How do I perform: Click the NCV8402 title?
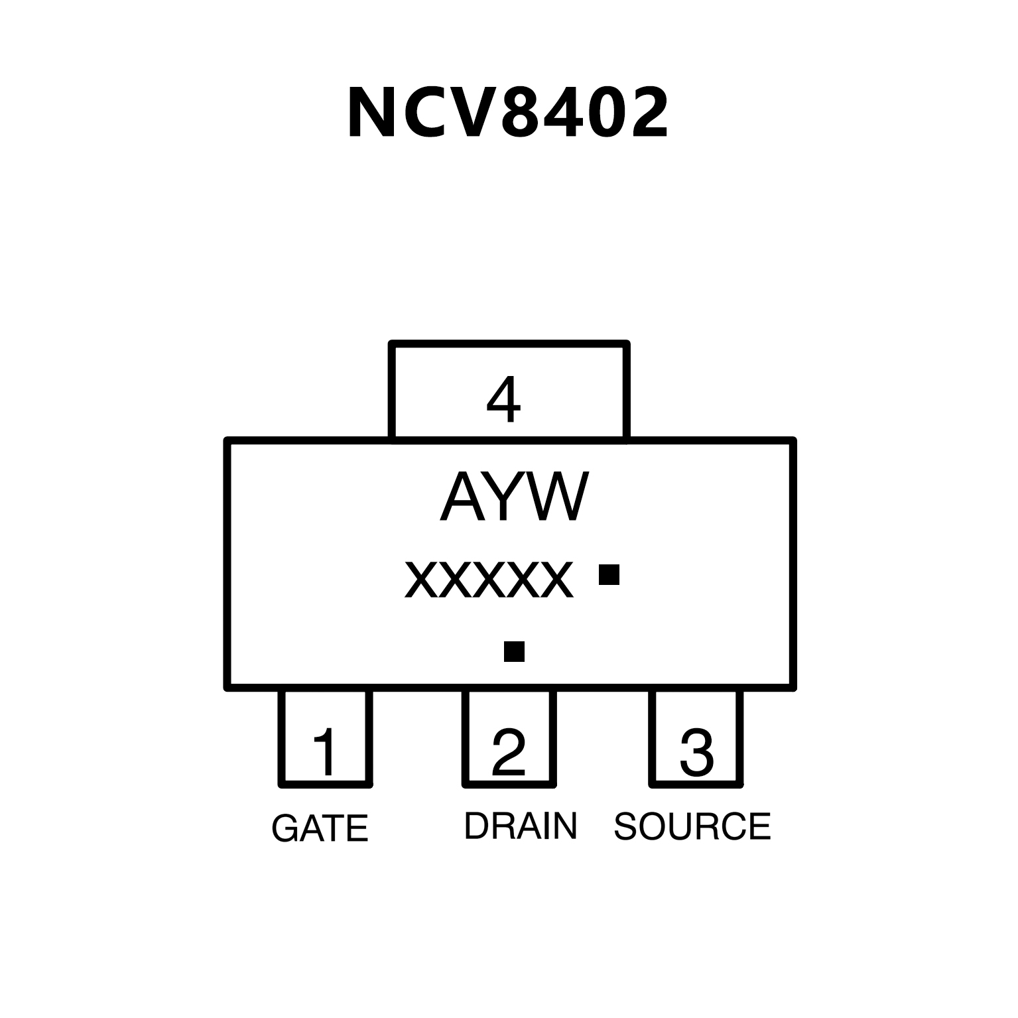[x=507, y=113]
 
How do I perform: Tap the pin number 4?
[x=503, y=400]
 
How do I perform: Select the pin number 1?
[x=325, y=752]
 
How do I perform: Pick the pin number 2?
[x=509, y=752]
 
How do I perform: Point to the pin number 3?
[x=696, y=752]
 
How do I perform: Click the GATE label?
[x=320, y=828]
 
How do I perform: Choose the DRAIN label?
[x=521, y=826]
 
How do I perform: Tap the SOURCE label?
[x=692, y=826]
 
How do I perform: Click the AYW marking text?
[x=514, y=497]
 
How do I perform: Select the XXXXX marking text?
[x=489, y=580]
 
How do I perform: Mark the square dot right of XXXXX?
[x=609, y=574]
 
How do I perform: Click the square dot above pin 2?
[x=514, y=651]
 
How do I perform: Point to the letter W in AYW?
[x=559, y=497]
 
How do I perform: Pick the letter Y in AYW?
[x=509, y=497]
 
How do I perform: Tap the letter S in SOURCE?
[x=627, y=826]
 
